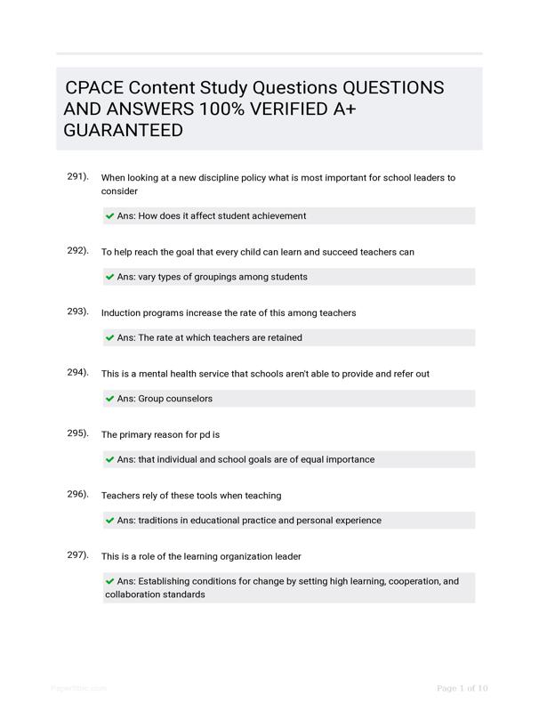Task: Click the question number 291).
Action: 77,176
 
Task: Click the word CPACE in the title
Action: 93,88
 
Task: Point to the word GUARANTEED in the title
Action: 124,131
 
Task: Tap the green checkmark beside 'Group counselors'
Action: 110,399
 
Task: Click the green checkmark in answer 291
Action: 110,216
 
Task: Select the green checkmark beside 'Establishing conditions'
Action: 110,581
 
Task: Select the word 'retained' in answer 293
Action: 282,338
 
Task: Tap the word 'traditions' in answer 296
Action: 161,521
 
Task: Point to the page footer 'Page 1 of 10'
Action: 463,689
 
